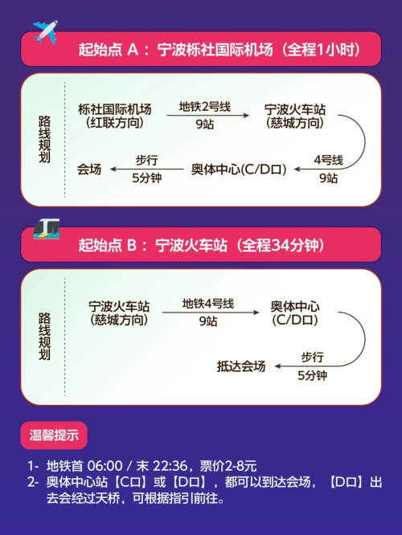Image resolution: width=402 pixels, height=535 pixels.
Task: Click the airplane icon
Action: coord(45,32)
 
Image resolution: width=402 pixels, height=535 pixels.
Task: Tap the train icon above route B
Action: coord(47,229)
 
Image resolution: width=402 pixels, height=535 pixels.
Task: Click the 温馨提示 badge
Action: coord(54,435)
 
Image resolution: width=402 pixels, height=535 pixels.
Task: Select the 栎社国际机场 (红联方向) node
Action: coord(115,116)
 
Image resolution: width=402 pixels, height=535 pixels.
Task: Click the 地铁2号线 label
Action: coord(205,107)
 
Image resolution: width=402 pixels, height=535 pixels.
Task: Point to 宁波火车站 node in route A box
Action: coord(295,116)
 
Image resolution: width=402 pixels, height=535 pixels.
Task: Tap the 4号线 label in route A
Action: coord(328,160)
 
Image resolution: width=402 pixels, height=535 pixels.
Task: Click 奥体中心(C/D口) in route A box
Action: coord(239,169)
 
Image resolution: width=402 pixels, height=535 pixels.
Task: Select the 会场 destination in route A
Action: coord(89,169)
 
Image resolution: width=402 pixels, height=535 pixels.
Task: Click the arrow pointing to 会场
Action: coord(147,169)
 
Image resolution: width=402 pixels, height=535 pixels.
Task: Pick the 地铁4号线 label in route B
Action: coord(208,304)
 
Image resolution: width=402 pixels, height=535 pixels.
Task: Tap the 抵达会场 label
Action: coord(241,366)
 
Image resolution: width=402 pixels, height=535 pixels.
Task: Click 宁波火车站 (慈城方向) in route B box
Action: coord(119,312)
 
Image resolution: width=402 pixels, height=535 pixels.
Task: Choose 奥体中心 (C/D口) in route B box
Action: coord(295,312)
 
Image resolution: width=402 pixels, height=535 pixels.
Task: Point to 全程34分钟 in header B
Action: coord(280,245)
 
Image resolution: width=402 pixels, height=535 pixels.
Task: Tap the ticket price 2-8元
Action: coord(241,466)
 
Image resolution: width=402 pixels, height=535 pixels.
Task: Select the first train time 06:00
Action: coord(105,466)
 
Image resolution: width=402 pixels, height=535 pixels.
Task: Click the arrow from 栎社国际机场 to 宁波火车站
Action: coord(208,116)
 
